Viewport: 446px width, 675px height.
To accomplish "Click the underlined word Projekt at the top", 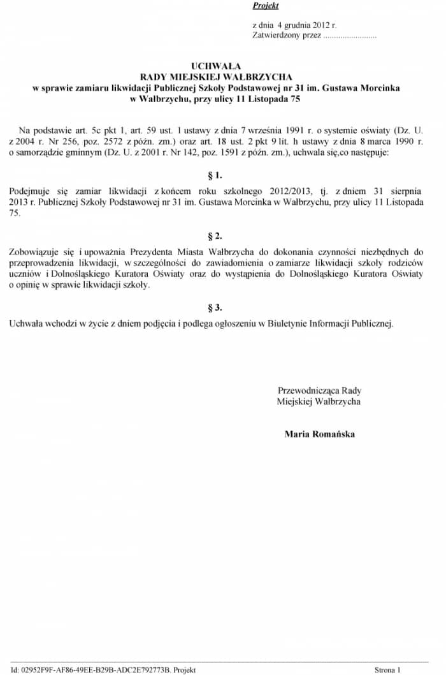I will pos(266,6).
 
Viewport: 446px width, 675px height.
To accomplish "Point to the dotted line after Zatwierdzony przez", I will pos(350,36).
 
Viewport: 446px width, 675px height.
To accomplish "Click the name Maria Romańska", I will pos(320,434).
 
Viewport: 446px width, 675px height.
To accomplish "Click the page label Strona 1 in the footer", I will pos(387,670).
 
